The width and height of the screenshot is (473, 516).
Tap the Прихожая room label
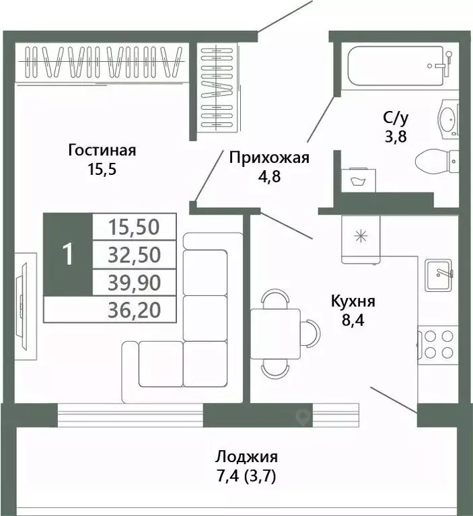[x=268, y=158]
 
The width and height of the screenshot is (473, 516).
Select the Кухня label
[x=353, y=301]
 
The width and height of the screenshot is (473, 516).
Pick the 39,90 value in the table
[x=134, y=283]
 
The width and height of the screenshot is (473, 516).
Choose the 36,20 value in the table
[x=134, y=309]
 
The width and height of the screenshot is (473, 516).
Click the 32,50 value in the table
[x=134, y=255]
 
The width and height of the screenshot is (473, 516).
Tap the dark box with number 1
[x=67, y=255]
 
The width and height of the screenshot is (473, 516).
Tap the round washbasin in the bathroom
[x=447, y=120]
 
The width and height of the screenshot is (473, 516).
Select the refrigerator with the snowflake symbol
[x=361, y=239]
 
